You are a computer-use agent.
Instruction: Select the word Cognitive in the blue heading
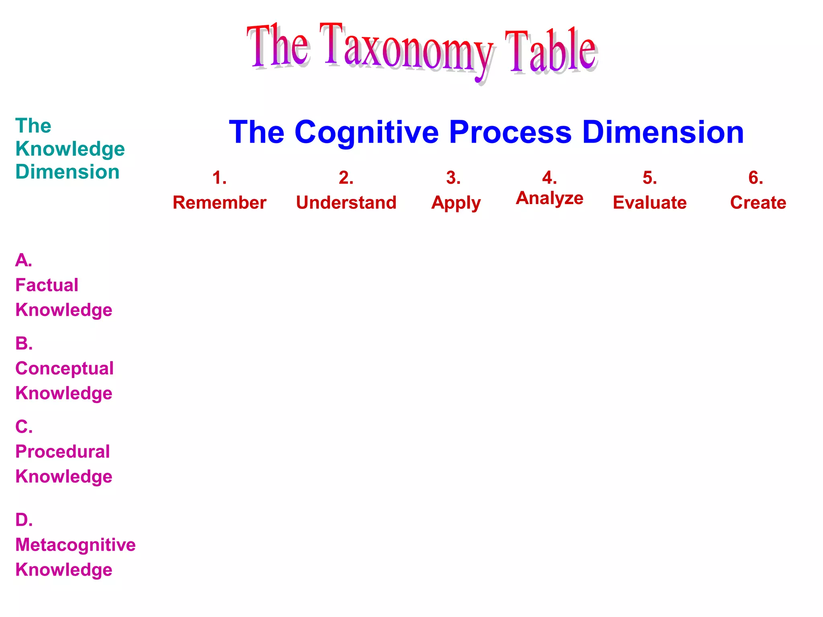point(366,132)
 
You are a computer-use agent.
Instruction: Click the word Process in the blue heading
point(510,132)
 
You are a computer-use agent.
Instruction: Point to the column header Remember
point(219,202)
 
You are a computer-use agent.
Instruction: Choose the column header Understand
point(346,202)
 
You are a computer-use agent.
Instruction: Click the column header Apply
point(456,203)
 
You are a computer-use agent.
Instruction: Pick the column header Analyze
point(549,198)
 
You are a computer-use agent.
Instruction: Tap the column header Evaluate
point(649,202)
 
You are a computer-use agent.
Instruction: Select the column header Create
point(758,202)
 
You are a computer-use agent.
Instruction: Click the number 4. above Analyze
point(549,178)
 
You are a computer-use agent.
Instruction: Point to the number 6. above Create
point(755,178)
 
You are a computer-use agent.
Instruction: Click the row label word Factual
point(47,285)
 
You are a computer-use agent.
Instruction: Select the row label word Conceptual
point(64,368)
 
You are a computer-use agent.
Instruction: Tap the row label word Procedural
point(62,452)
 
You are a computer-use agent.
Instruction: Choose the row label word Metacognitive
point(76,545)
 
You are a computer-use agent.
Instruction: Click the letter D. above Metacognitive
point(24,520)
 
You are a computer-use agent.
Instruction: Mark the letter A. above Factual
point(23,260)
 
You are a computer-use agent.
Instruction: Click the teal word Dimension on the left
point(68,172)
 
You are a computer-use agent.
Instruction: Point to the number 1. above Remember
point(219,178)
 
